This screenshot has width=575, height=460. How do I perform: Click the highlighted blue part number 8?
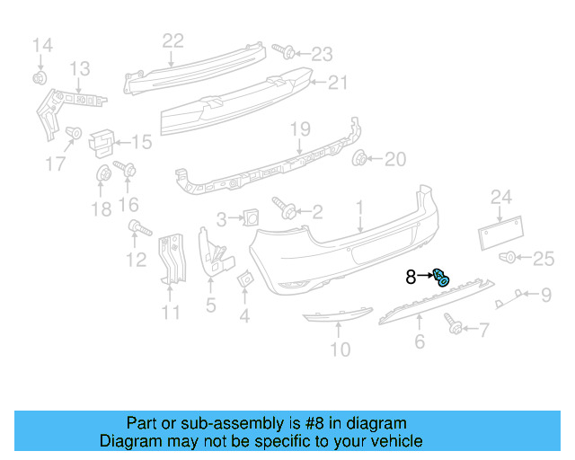pos(441,277)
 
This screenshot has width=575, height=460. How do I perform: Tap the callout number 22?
pos(172,40)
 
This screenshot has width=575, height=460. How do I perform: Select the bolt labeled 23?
pos(283,50)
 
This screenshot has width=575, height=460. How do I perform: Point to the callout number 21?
pos(336,83)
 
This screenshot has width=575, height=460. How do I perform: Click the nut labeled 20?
pos(361,160)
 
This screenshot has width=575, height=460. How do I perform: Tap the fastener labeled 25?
pos(509,259)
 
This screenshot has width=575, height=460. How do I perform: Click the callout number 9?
pos(545,293)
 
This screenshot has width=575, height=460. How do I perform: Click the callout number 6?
pos(419,341)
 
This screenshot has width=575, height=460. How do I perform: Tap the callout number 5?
pos(210,305)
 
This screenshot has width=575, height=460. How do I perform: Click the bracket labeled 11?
pos(169,261)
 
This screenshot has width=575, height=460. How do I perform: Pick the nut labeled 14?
pos(40,77)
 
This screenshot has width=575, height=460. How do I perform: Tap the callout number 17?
pos(56,163)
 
